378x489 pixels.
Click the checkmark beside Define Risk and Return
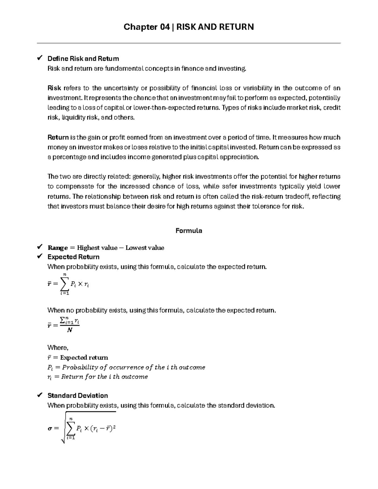[40, 58]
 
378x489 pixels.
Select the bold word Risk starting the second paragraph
[54, 88]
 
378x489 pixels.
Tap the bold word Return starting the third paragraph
[58, 137]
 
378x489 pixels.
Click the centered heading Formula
[189, 230]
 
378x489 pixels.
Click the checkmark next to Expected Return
[40, 257]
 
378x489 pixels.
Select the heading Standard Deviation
[77, 395]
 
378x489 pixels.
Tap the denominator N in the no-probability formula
[70, 330]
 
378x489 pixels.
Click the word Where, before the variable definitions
[58, 348]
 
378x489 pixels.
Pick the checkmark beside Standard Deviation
[40, 395]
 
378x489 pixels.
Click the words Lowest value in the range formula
[145, 248]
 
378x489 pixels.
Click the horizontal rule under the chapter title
[189, 43]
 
